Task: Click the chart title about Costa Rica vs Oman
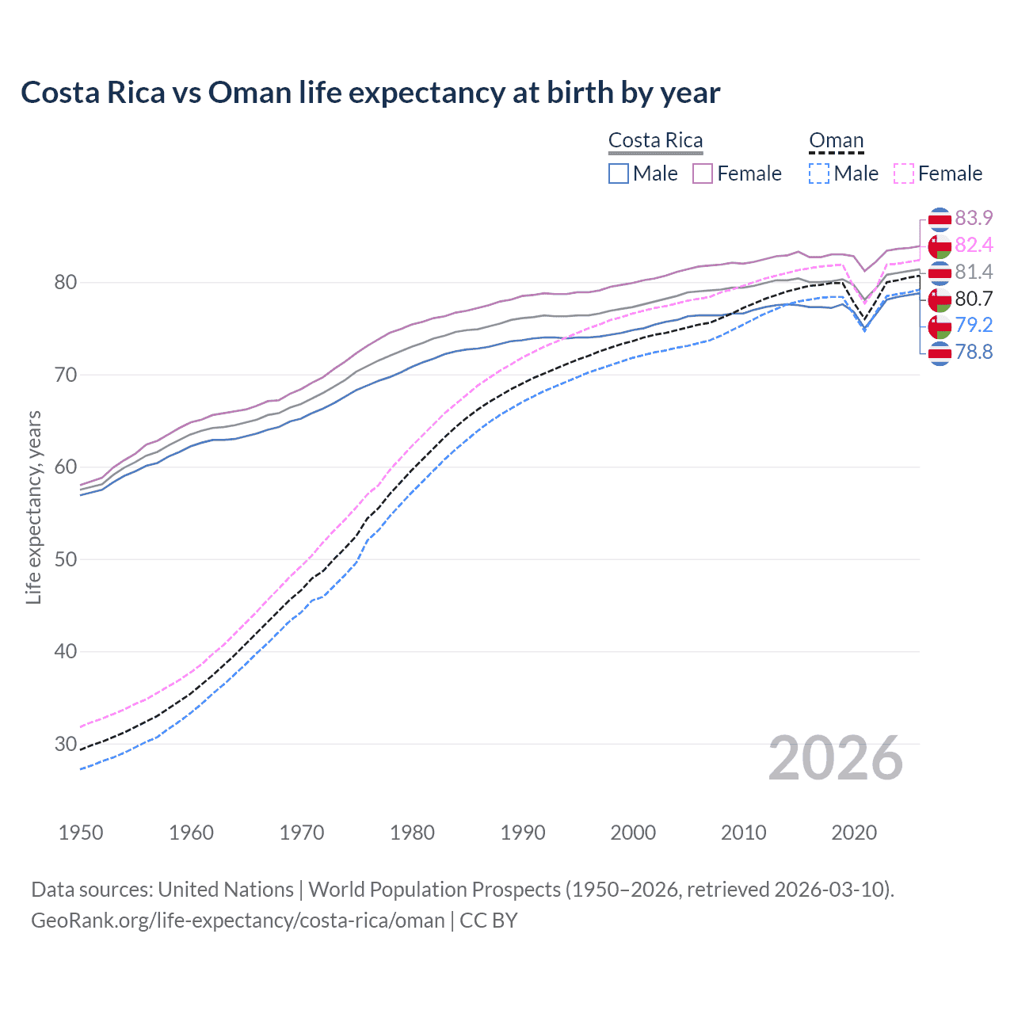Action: (370, 93)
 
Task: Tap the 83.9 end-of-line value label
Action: (974, 218)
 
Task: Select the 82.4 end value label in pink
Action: (974, 245)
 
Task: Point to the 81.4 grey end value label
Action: (974, 272)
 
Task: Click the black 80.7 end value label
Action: (974, 299)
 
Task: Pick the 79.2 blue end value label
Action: (974, 325)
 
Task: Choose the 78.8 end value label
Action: (974, 352)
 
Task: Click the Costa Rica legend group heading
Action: (655, 140)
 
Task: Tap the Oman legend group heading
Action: (836, 140)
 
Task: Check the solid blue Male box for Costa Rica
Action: (619, 173)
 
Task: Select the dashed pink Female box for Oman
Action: (904, 173)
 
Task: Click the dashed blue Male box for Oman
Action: (819, 173)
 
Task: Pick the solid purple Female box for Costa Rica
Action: (703, 173)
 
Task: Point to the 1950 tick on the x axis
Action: (81, 833)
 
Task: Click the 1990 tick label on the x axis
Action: (523, 833)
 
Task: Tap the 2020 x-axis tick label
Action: (854, 833)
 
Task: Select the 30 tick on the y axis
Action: (65, 744)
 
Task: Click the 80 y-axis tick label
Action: (65, 282)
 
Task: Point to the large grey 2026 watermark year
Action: (835, 758)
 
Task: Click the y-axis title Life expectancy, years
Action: (33, 507)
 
